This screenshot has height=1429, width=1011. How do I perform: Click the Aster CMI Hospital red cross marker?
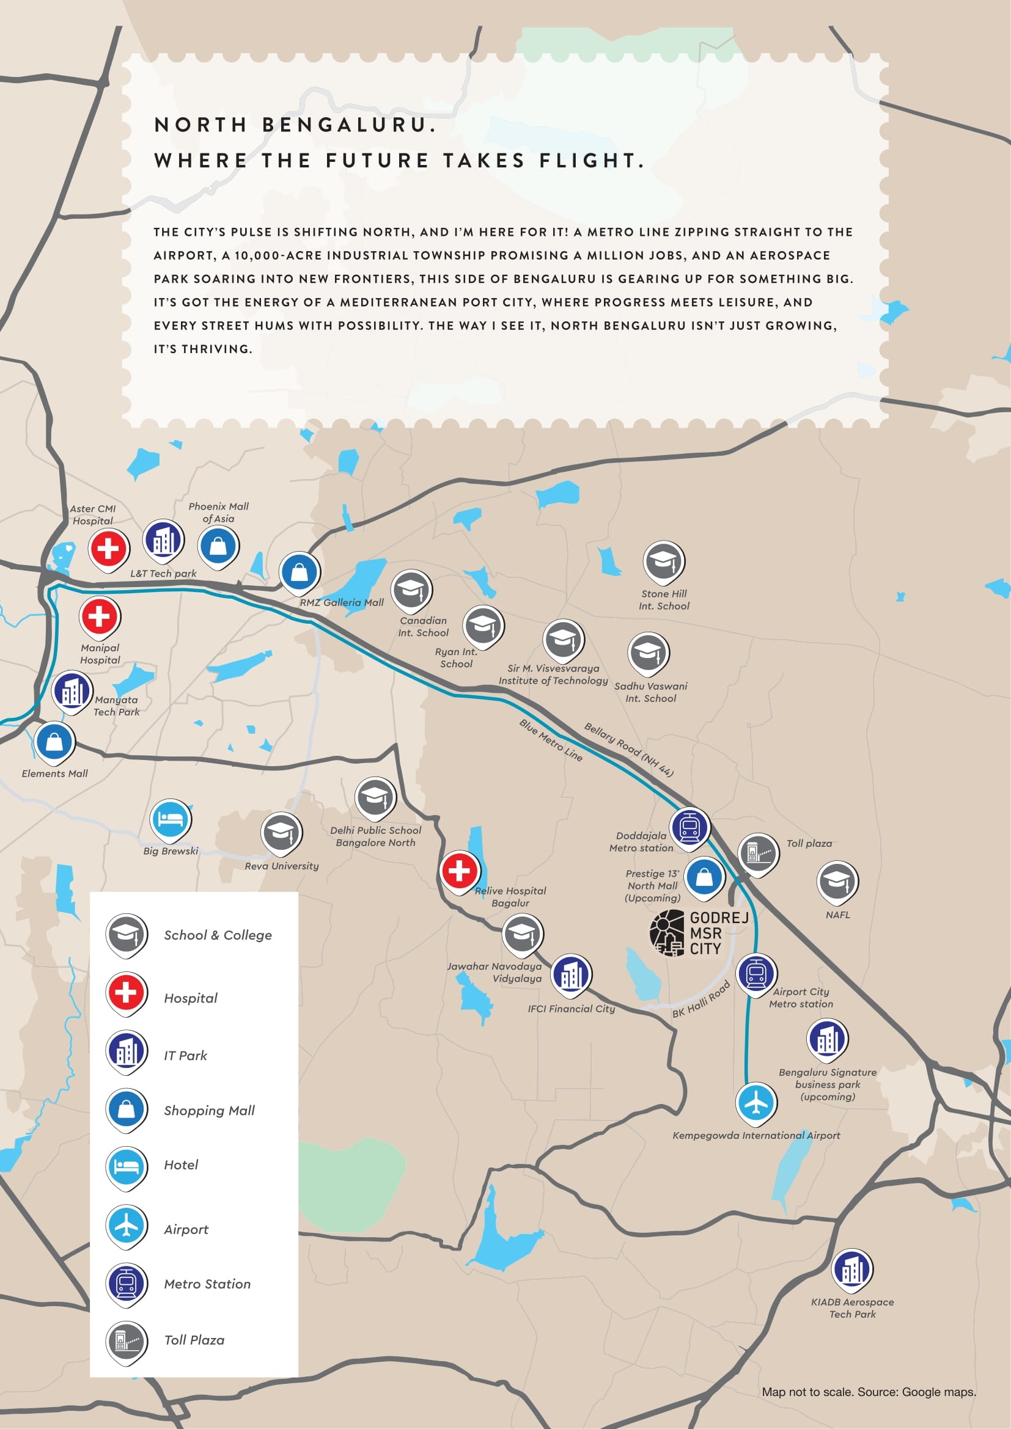tap(108, 548)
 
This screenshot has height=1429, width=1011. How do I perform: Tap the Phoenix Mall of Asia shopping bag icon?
tap(218, 546)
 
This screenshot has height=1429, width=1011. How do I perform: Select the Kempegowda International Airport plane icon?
tap(756, 1103)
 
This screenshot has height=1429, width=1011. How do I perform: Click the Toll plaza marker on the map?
tap(758, 853)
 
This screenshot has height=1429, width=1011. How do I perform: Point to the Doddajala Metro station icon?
tap(689, 827)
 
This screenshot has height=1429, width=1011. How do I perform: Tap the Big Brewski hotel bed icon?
tap(171, 819)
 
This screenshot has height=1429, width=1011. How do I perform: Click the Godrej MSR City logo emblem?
tap(667, 932)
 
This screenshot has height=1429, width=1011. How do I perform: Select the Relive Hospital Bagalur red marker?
tap(460, 870)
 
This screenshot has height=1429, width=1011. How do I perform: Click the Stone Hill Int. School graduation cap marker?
tap(664, 560)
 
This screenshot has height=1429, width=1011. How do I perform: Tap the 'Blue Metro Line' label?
tap(551, 740)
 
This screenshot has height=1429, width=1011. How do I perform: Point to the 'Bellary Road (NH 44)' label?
tap(629, 749)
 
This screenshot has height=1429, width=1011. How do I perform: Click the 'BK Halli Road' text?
tap(701, 1000)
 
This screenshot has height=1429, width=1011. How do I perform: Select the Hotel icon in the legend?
tap(127, 1166)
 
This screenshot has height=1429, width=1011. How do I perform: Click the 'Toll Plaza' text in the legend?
tap(194, 1340)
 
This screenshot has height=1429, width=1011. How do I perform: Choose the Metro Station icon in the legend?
tap(127, 1283)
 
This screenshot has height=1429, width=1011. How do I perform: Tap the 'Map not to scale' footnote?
tap(869, 1392)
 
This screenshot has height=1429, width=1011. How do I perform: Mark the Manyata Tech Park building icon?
tap(72, 690)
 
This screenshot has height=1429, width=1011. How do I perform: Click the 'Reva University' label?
tap(281, 866)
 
